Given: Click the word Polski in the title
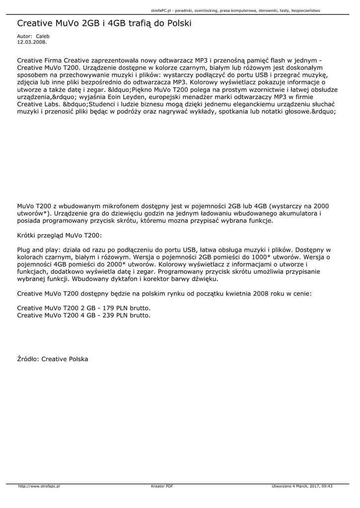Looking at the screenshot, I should coord(177,23).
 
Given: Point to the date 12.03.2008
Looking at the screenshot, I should coord(28,42).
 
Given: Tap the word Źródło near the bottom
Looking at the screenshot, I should coord(28,359).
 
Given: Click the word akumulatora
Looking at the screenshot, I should coord(293,213).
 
